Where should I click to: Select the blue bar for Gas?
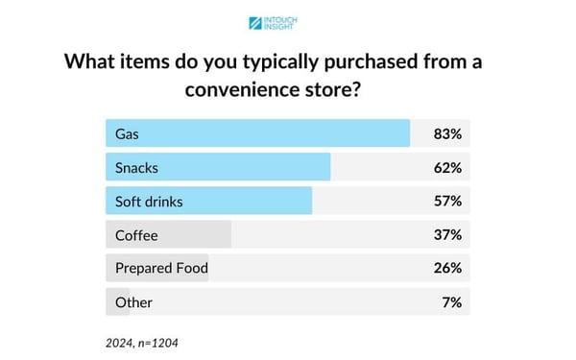(257, 133)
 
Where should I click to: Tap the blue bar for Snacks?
(218, 167)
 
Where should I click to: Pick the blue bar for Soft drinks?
(208, 201)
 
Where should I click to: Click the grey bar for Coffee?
(168, 234)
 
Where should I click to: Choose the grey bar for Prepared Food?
(156, 268)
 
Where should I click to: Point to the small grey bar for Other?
(117, 301)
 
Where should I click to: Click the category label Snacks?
(136, 167)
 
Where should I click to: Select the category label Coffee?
(136, 234)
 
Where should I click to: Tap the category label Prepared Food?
(161, 268)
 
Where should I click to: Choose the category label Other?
(133, 301)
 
